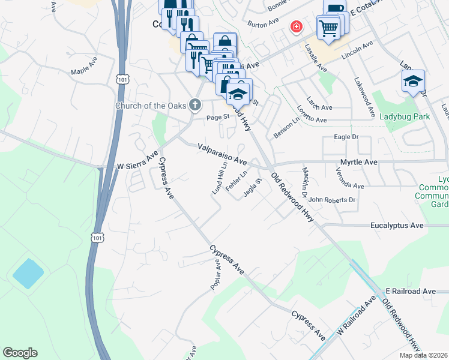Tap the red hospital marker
[x=296, y=26]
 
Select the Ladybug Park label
[x=405, y=116]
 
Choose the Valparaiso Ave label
[x=223, y=154]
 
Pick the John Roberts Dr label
[x=333, y=199]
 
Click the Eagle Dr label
[x=345, y=137]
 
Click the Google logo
[x=20, y=353]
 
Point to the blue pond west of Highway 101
[x=28, y=274]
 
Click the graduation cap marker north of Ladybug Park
[x=413, y=81]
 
